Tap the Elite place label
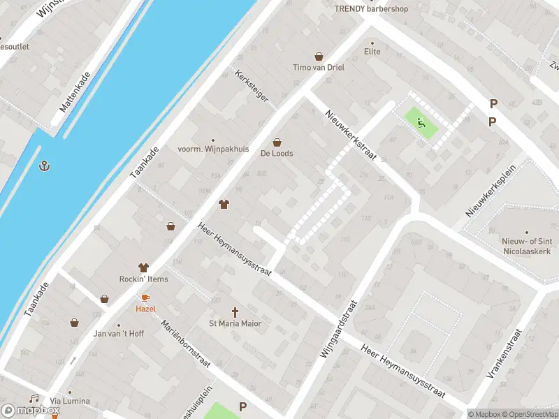372,51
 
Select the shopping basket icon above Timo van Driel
319,57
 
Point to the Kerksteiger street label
252,86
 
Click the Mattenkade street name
75,92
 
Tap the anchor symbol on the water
44,166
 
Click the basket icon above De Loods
277,142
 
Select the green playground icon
421,124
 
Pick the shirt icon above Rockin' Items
144,267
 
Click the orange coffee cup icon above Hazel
145,297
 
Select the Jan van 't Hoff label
119,333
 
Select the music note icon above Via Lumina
34,398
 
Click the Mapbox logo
30,411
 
